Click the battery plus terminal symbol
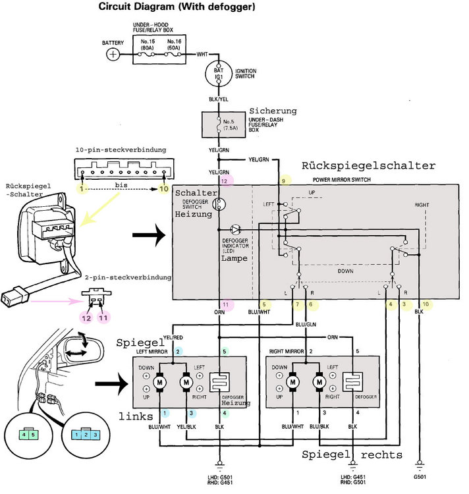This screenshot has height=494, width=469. (x=113, y=54)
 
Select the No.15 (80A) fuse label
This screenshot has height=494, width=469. (x=148, y=44)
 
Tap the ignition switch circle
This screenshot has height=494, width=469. (x=218, y=73)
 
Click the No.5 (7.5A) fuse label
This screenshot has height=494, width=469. (x=230, y=124)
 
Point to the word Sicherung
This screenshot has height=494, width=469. (x=273, y=111)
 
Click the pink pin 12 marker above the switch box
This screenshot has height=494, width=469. (x=225, y=181)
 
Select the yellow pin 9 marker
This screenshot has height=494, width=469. (x=284, y=181)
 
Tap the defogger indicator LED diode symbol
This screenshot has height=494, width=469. (x=235, y=229)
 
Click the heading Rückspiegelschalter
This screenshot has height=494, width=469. (x=368, y=166)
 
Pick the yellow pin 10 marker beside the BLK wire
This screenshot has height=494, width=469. (x=426, y=304)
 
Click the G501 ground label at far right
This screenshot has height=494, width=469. (x=420, y=477)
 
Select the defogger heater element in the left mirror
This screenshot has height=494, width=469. (x=219, y=382)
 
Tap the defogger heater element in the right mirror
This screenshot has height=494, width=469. (x=352, y=382)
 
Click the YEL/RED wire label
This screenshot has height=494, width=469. (x=173, y=337)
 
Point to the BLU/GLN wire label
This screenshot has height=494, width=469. (x=306, y=324)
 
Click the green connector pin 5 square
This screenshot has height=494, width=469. (x=33, y=435)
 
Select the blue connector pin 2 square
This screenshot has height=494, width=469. (x=86, y=435)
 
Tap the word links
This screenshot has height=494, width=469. (x=136, y=416)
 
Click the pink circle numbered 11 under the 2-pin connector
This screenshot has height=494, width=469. (x=103, y=318)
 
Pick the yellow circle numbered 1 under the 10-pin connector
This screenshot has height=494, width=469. (x=82, y=189)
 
